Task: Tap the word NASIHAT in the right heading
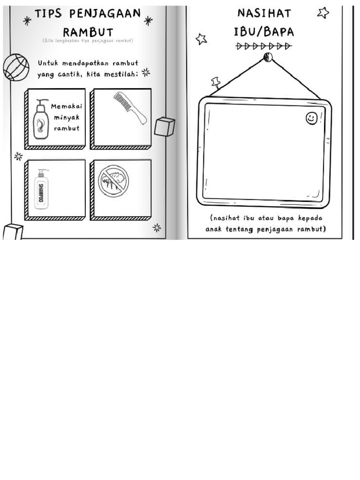coord(264,13)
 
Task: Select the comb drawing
coord(130,108)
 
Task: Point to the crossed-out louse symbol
coord(113,180)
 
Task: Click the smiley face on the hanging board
coord(311,118)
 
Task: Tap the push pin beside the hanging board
coord(216,83)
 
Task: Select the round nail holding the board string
coord(268,57)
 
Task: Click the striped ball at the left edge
coord(16,67)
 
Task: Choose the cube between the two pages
coord(165,127)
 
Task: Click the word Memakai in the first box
coord(67,106)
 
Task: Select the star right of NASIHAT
coord(323,13)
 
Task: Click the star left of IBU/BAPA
coord(202,38)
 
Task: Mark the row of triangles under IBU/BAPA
coord(264,46)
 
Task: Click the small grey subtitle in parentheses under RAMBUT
coord(88,41)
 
